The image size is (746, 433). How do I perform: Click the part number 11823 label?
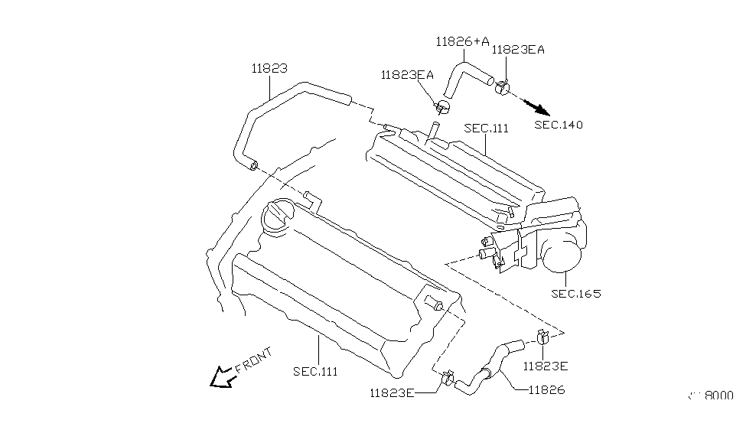pyautogui.click(x=269, y=68)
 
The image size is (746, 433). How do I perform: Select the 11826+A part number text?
pyautogui.click(x=462, y=41)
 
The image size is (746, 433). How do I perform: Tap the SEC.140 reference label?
pyautogui.click(x=558, y=125)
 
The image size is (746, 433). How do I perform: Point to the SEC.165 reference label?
pyautogui.click(x=575, y=294)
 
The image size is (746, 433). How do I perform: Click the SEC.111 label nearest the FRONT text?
pyautogui.click(x=314, y=371)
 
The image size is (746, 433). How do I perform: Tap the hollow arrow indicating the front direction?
pyautogui.click(x=223, y=376)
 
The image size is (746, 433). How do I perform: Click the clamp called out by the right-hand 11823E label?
pyautogui.click(x=542, y=337)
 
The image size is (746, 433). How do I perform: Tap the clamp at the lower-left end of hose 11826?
pyautogui.click(x=448, y=377)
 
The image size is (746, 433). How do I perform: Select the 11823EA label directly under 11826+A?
pyautogui.click(x=407, y=74)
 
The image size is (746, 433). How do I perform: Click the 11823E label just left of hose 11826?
pyautogui.click(x=391, y=393)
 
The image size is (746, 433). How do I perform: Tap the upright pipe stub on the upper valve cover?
pyautogui.click(x=433, y=131)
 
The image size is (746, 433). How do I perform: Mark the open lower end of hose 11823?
pyautogui.click(x=255, y=163)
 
